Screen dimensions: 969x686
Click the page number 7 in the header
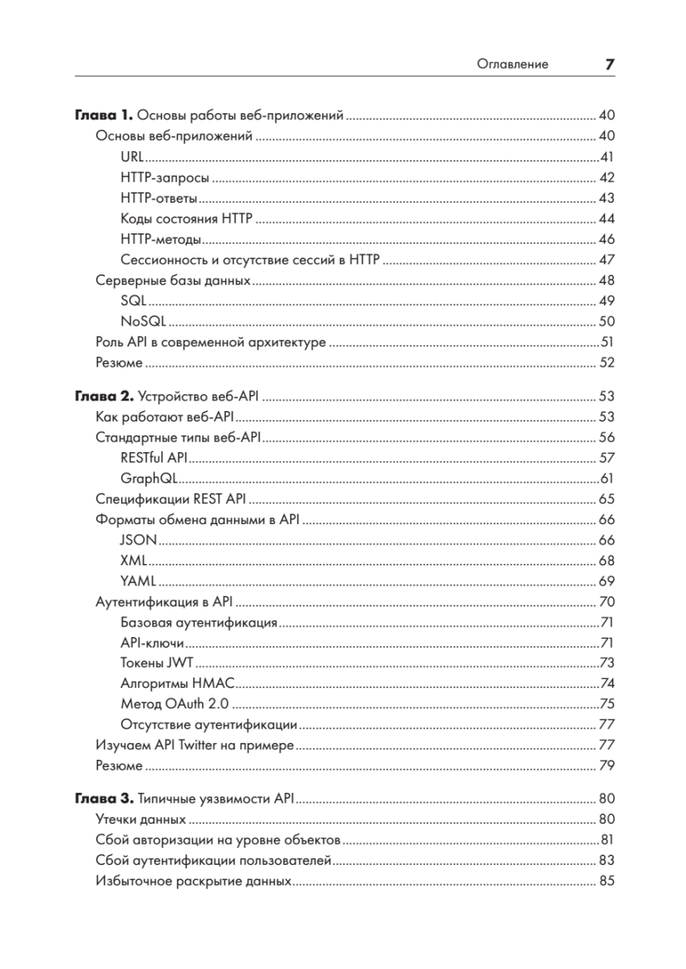tap(609, 64)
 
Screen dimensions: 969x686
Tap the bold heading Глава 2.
tap(103, 396)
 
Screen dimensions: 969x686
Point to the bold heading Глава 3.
tap(103, 799)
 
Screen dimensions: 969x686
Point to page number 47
tap(607, 260)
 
